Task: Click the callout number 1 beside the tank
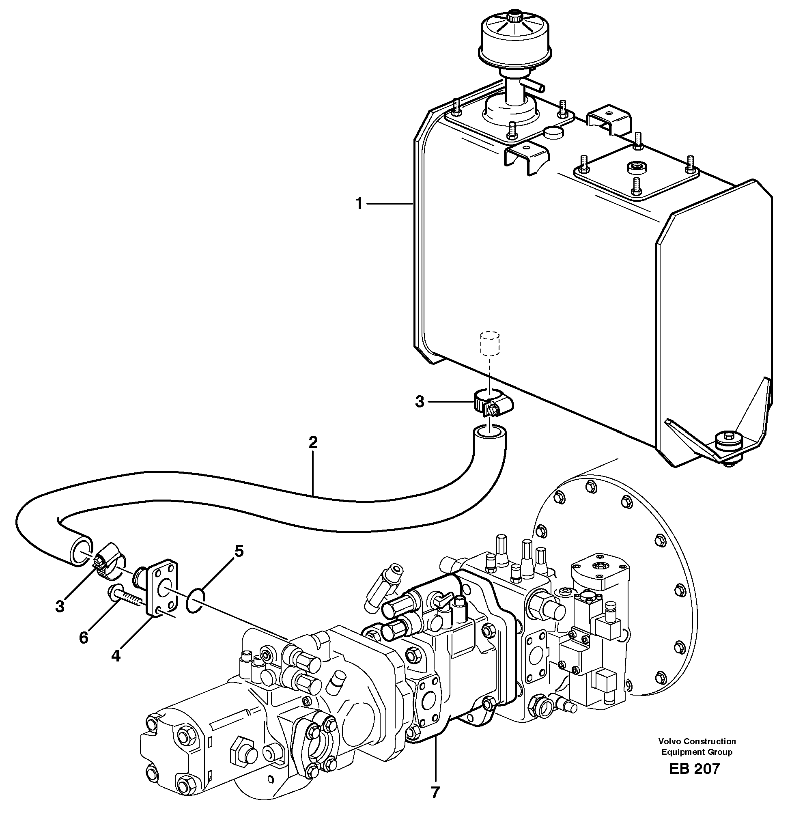358,205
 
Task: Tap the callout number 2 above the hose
313,442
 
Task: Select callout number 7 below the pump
435,793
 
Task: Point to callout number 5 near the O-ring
239,551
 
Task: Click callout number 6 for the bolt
84,638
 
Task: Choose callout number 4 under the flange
116,656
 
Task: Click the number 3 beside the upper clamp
419,402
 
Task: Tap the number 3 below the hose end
60,606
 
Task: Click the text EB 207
694,769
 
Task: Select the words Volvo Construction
697,741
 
